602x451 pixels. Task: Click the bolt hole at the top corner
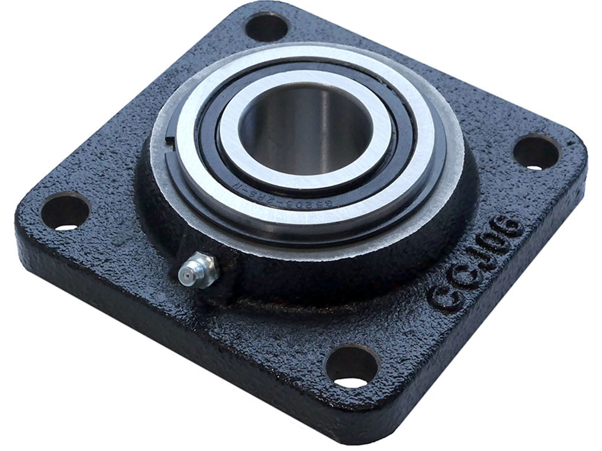pos(266,26)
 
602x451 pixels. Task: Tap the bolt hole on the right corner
pos(536,153)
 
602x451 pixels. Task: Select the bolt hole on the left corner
pos(65,211)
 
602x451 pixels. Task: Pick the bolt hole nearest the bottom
pos(352,366)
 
